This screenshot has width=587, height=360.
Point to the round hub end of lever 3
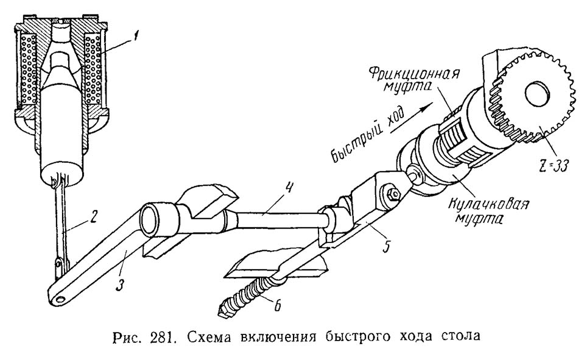pos(153,217)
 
